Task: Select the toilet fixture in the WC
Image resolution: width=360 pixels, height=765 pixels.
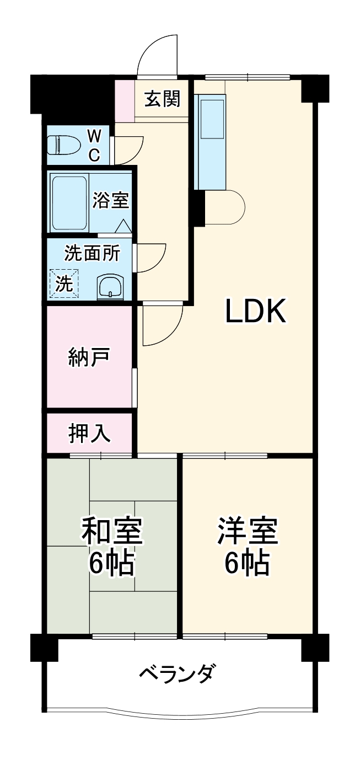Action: tap(62, 145)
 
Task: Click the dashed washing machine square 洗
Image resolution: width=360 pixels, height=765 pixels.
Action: tap(63, 284)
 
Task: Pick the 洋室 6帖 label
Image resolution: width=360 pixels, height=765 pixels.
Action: tap(247, 545)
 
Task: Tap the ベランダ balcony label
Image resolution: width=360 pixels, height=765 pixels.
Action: tap(176, 674)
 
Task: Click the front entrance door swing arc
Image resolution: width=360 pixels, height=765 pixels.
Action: tap(157, 55)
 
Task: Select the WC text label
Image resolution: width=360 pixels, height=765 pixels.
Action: tap(95, 145)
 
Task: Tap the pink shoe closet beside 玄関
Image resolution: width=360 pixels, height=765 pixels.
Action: tap(125, 100)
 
